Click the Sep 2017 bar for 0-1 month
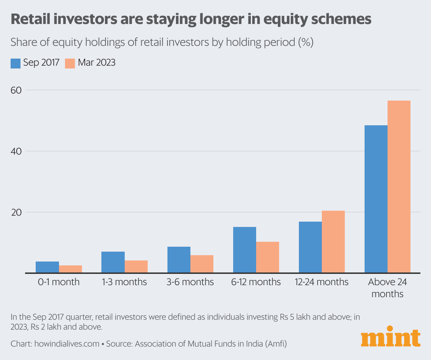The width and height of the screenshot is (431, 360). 47,267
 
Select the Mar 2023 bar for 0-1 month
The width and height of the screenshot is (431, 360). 70,269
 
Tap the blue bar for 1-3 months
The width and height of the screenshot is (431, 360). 113,262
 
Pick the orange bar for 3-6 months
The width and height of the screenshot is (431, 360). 202,264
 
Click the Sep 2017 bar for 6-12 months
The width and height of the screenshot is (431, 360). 244,250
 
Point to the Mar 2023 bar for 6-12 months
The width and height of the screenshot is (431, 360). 267,257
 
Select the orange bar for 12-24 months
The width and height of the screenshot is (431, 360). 333,242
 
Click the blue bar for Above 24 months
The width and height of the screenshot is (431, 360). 376,199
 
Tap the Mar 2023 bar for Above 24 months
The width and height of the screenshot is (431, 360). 399,187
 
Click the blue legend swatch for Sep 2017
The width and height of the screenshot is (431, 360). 16,63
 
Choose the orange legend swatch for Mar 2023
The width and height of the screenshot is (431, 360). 70,63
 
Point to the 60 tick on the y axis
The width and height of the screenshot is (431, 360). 16,90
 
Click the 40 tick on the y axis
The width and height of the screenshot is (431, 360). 16,151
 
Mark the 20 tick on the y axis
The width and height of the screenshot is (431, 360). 16,212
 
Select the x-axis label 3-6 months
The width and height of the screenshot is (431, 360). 190,282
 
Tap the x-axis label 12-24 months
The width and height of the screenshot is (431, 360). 321,282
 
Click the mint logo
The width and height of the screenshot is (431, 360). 391,338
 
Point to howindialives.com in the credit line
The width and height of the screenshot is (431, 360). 67,344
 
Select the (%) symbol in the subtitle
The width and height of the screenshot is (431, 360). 306,42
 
